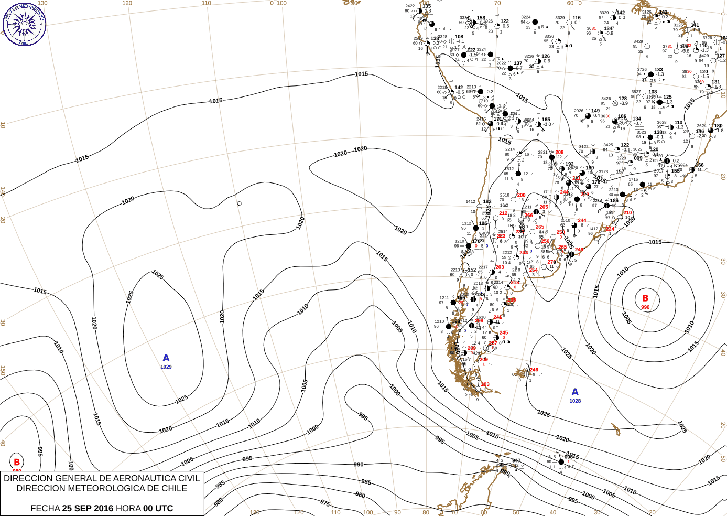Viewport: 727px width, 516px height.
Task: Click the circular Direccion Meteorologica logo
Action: click(x=24, y=24)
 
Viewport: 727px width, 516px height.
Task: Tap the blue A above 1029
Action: click(x=166, y=358)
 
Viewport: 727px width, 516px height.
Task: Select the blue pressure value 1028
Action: click(x=575, y=401)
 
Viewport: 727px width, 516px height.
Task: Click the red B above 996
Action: click(x=645, y=298)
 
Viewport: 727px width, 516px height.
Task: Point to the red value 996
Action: click(x=645, y=307)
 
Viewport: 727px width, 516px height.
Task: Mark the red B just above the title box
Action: click(x=17, y=462)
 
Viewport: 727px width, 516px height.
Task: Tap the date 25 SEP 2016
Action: click(x=88, y=508)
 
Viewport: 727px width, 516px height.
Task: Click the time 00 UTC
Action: click(x=158, y=508)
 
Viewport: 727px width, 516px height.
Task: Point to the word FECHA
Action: click(x=45, y=508)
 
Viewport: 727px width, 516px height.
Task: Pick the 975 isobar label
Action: click(x=325, y=503)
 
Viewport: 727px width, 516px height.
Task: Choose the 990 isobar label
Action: click(x=359, y=465)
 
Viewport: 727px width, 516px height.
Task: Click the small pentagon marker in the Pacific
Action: click(x=240, y=203)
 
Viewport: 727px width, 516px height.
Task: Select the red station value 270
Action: click(x=551, y=262)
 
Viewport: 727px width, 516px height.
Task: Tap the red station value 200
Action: click(x=521, y=195)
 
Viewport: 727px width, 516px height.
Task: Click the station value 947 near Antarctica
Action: click(x=516, y=461)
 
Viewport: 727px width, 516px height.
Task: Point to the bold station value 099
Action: click(x=638, y=158)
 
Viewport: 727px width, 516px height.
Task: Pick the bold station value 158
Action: click(x=481, y=18)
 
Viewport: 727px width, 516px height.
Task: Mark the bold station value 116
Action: click(x=577, y=18)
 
